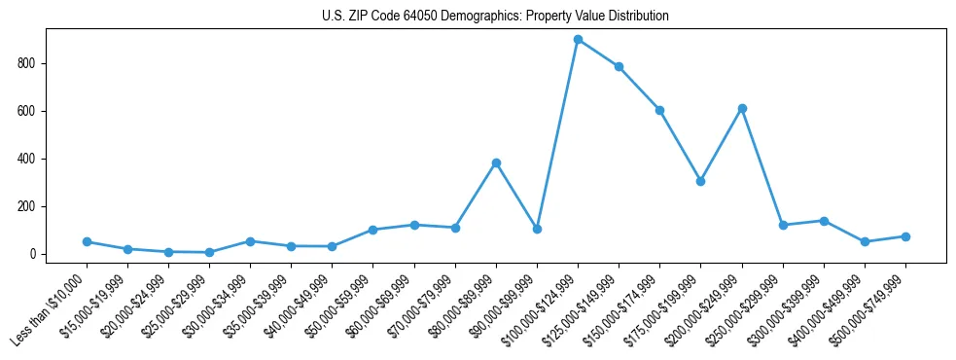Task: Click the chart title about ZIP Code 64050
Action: pyautogui.click(x=495, y=17)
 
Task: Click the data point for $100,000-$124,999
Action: pyautogui.click(x=578, y=40)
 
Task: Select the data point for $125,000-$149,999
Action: pyautogui.click(x=619, y=67)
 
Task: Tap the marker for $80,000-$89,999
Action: pyautogui.click(x=496, y=162)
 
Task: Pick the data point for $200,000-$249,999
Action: pyautogui.click(x=742, y=108)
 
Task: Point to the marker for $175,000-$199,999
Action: pyautogui.click(x=700, y=181)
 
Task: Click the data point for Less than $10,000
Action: pyautogui.click(x=87, y=241)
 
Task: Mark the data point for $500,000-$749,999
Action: pyautogui.click(x=905, y=236)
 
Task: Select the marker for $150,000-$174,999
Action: pyautogui.click(x=659, y=110)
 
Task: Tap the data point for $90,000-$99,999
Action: pyautogui.click(x=537, y=229)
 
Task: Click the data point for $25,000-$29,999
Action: pyautogui.click(x=209, y=252)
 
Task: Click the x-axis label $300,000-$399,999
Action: pyautogui.click(x=789, y=306)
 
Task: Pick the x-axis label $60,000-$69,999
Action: pyautogui.click(x=379, y=306)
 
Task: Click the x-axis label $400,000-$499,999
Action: pyautogui.click(x=830, y=306)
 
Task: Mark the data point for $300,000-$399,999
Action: pyautogui.click(x=824, y=221)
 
